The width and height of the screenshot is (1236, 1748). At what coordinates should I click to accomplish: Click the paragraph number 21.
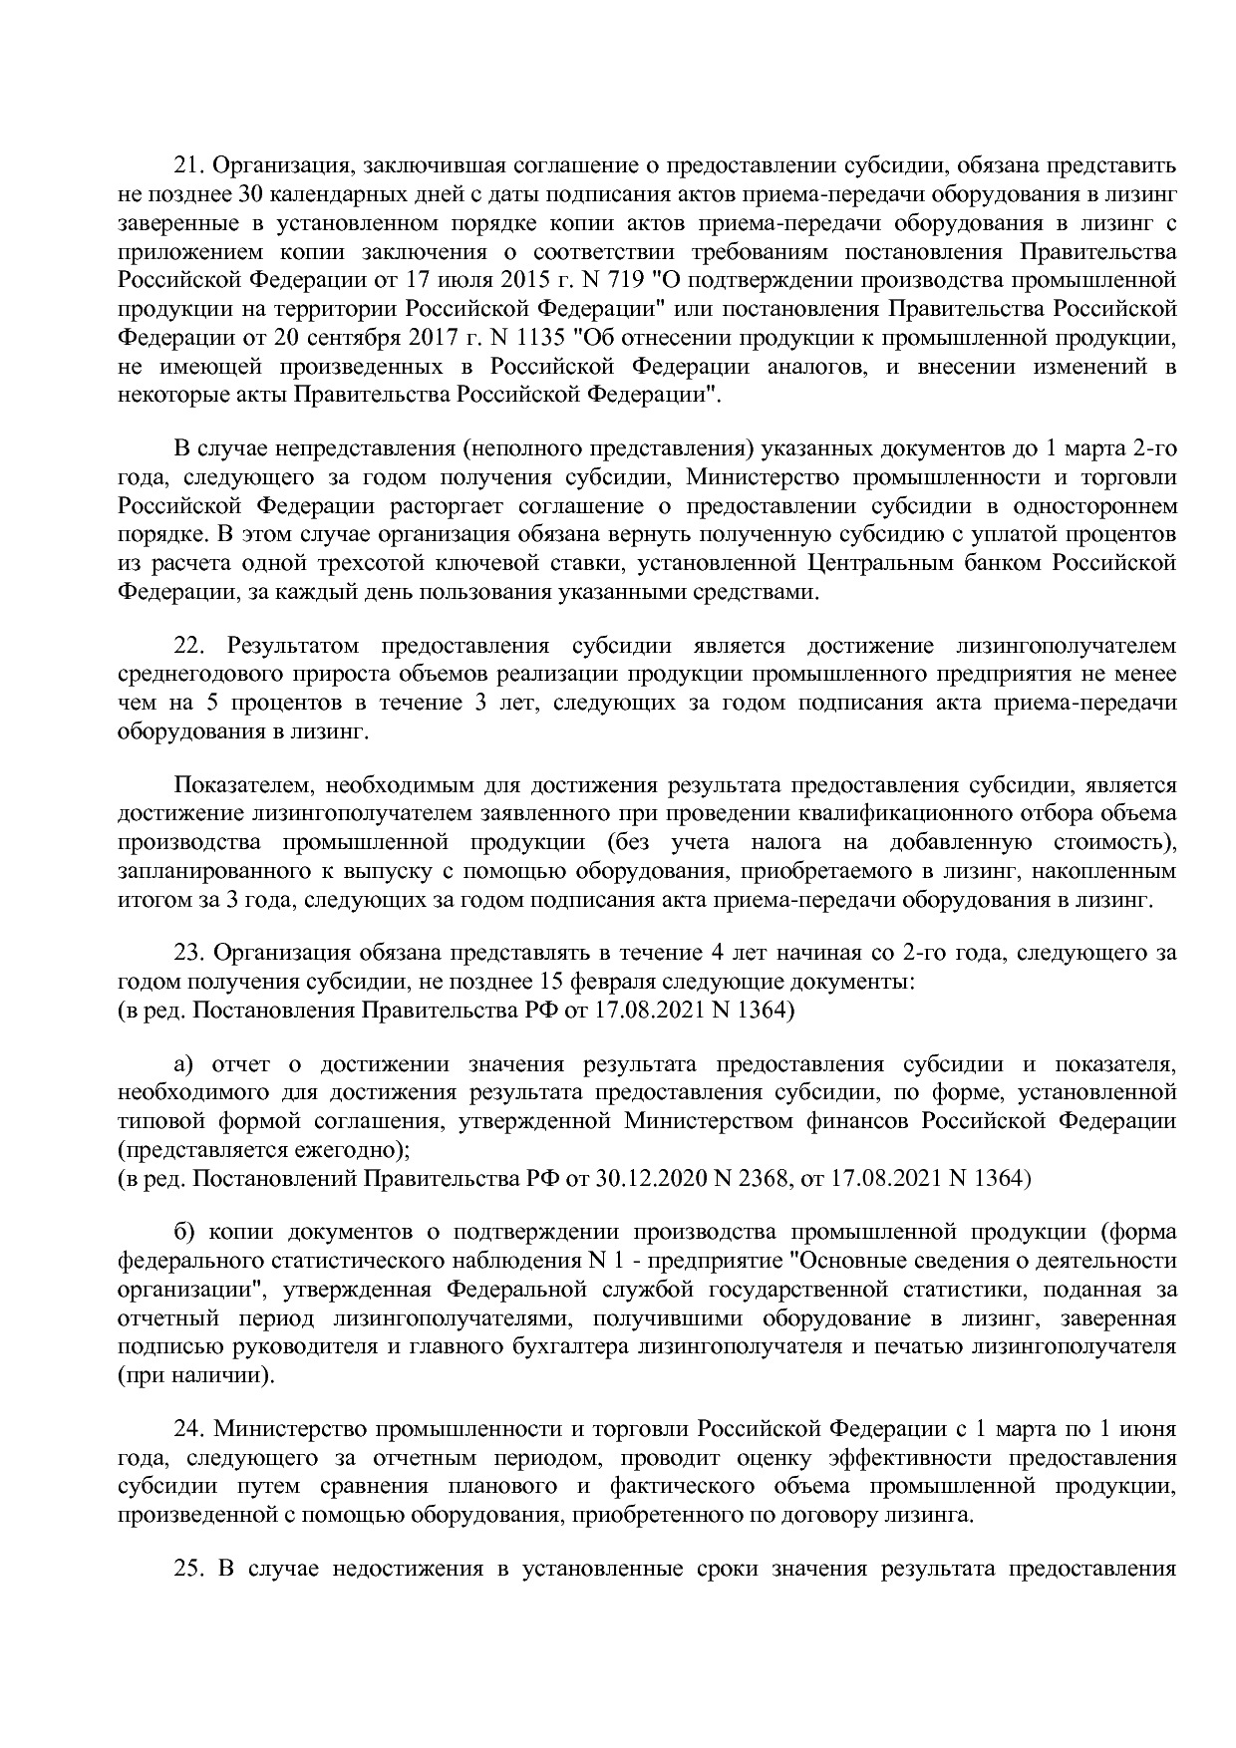(x=188, y=164)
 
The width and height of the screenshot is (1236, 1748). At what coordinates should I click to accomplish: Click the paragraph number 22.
(x=188, y=646)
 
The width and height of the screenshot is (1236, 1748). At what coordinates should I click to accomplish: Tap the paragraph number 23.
(x=188, y=953)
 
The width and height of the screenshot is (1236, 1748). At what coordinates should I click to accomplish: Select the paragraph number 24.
(x=188, y=1429)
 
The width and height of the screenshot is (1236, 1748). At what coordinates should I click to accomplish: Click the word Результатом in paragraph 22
(x=282, y=646)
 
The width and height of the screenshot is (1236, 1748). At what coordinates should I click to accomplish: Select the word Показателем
(x=236, y=785)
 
